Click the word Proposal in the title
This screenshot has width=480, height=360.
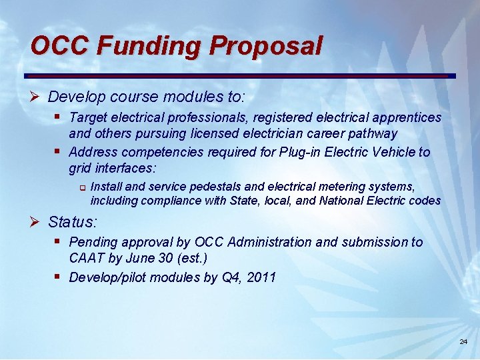click(x=265, y=46)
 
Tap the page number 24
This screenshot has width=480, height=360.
click(x=463, y=342)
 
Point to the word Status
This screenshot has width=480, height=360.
click(x=72, y=221)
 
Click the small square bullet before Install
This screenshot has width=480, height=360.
click(x=82, y=187)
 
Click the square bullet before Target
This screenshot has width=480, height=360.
click(x=59, y=117)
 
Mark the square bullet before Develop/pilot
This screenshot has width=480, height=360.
click(x=59, y=276)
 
